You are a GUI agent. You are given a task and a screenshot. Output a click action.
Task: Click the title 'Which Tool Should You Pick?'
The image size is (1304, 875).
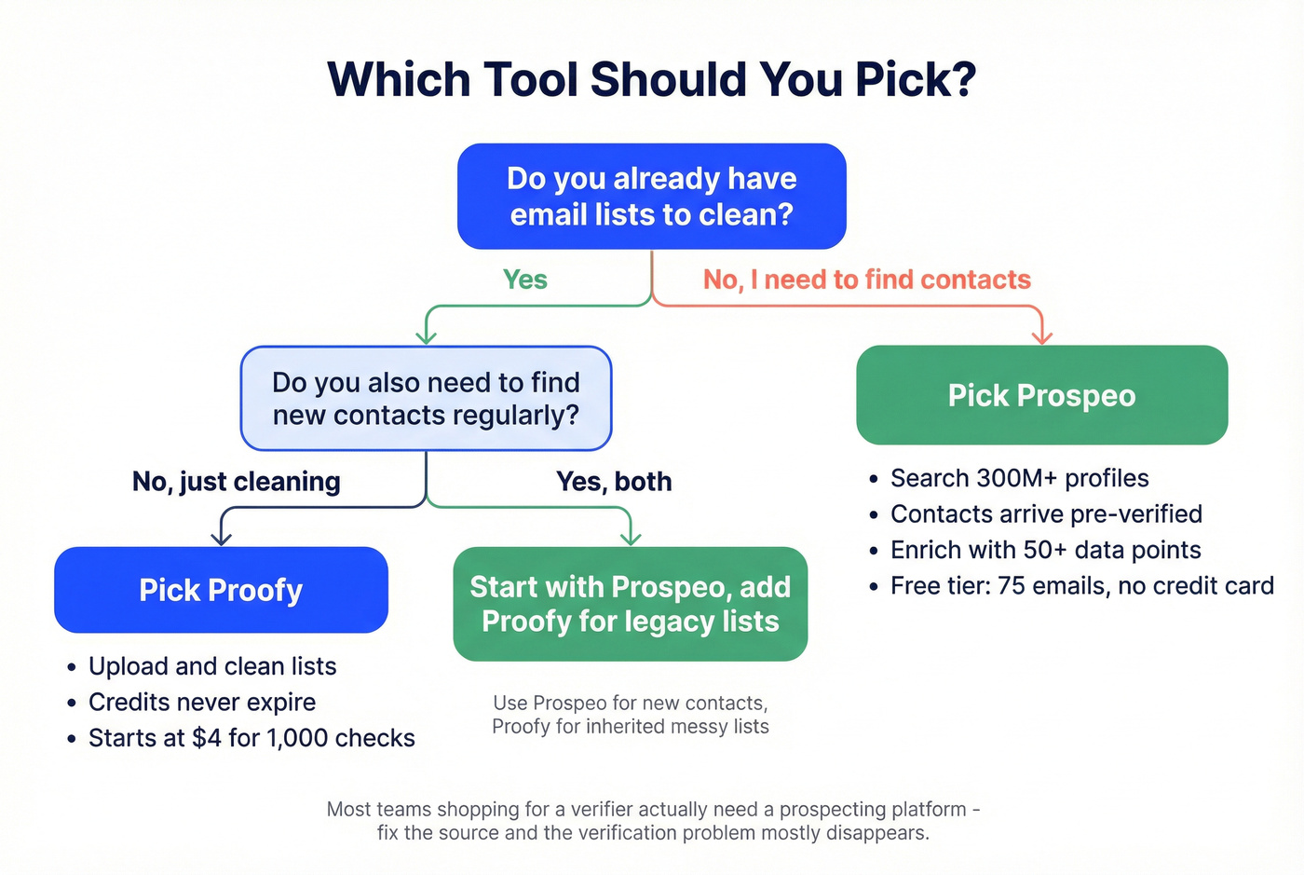tap(652, 79)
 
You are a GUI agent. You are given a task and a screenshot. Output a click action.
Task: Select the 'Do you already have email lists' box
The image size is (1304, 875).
tap(651, 197)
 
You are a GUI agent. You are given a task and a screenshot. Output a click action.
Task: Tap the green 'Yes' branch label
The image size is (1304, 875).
tap(524, 280)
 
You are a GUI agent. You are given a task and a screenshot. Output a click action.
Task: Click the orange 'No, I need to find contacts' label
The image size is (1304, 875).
tap(866, 280)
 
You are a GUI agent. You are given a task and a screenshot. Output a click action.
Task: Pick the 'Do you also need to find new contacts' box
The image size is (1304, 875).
tap(426, 399)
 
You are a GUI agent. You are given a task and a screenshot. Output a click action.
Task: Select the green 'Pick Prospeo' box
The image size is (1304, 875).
tap(1041, 395)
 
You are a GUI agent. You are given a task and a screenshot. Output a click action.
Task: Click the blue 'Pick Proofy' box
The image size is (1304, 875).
tap(221, 590)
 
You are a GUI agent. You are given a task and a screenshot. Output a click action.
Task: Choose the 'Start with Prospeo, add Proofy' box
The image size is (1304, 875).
tap(630, 604)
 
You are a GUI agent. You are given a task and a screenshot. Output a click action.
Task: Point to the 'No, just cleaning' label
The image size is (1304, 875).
tap(236, 482)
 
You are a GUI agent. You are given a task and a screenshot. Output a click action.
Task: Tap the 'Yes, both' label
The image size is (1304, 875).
tap(613, 482)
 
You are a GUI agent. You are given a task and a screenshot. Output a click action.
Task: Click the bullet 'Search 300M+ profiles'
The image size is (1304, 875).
tap(1019, 478)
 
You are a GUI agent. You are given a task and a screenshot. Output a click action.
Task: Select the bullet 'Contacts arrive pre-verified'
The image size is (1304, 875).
tap(1045, 514)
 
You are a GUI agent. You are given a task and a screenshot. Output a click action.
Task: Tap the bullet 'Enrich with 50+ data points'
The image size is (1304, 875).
tap(1045, 550)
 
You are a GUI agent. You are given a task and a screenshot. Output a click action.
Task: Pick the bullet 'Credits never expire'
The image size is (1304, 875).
tap(201, 702)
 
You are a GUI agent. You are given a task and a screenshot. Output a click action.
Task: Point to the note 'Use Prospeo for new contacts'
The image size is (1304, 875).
tap(630, 704)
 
